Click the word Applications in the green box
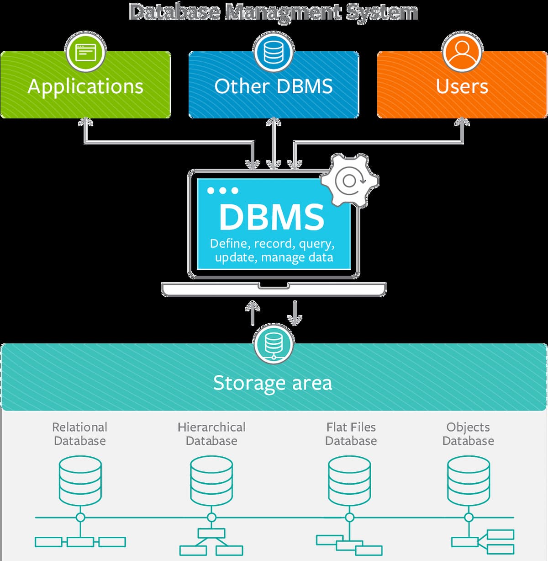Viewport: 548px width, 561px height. [x=85, y=86]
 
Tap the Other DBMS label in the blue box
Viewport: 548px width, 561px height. [x=274, y=86]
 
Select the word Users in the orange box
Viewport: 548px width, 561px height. [x=462, y=86]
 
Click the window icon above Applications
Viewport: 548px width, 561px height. [x=85, y=52]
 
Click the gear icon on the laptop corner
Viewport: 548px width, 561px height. [x=350, y=181]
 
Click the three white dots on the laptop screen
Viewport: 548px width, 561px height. [x=223, y=190]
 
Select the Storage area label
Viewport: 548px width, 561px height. [x=273, y=383]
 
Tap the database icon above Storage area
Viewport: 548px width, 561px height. [x=274, y=343]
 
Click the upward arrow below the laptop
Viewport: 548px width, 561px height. [x=253, y=313]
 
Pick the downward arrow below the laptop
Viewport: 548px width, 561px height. [x=295, y=314]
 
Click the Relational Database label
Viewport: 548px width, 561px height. [x=80, y=434]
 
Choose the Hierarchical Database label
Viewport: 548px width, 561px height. [x=211, y=434]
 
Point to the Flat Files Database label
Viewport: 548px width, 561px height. [x=351, y=434]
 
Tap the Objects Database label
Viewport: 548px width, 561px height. [x=468, y=434]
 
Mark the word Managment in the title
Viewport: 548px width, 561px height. [x=283, y=12]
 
